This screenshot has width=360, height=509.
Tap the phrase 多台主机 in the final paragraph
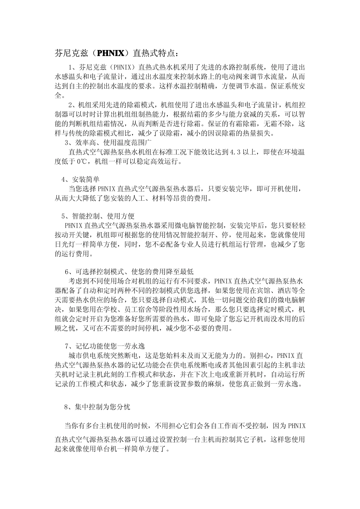100,426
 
